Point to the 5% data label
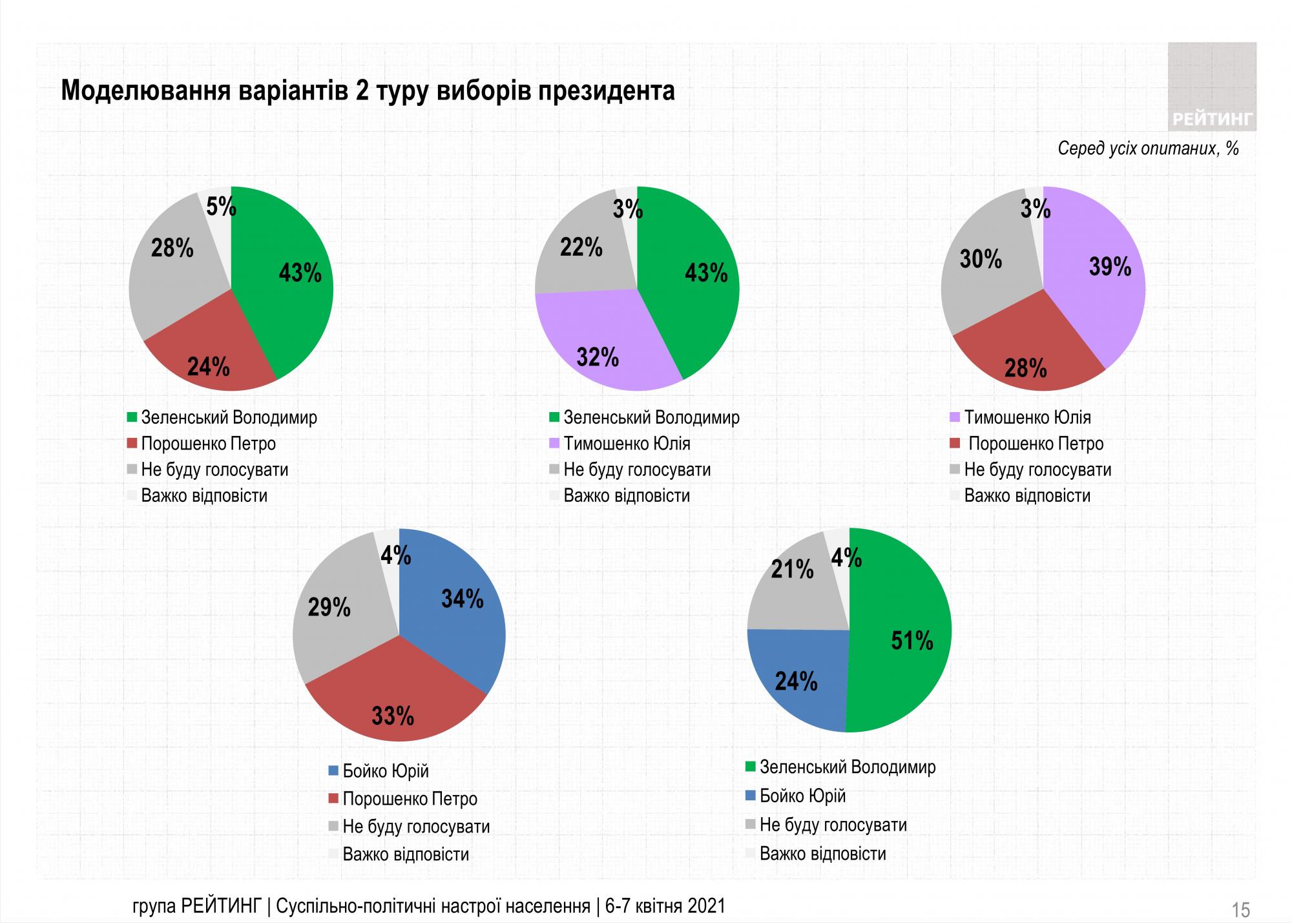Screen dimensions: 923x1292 point(221,207)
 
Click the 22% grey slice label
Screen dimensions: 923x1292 point(581,247)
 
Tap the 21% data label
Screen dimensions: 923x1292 point(792,569)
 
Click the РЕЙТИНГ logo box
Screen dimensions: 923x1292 point(1212,87)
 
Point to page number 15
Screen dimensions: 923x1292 point(1241,910)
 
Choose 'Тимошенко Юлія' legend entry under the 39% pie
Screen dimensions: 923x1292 point(1027,417)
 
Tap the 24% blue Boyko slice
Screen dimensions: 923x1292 point(798,678)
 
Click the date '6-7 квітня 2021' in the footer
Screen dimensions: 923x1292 point(665,906)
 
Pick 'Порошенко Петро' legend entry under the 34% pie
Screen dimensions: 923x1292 point(410,799)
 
